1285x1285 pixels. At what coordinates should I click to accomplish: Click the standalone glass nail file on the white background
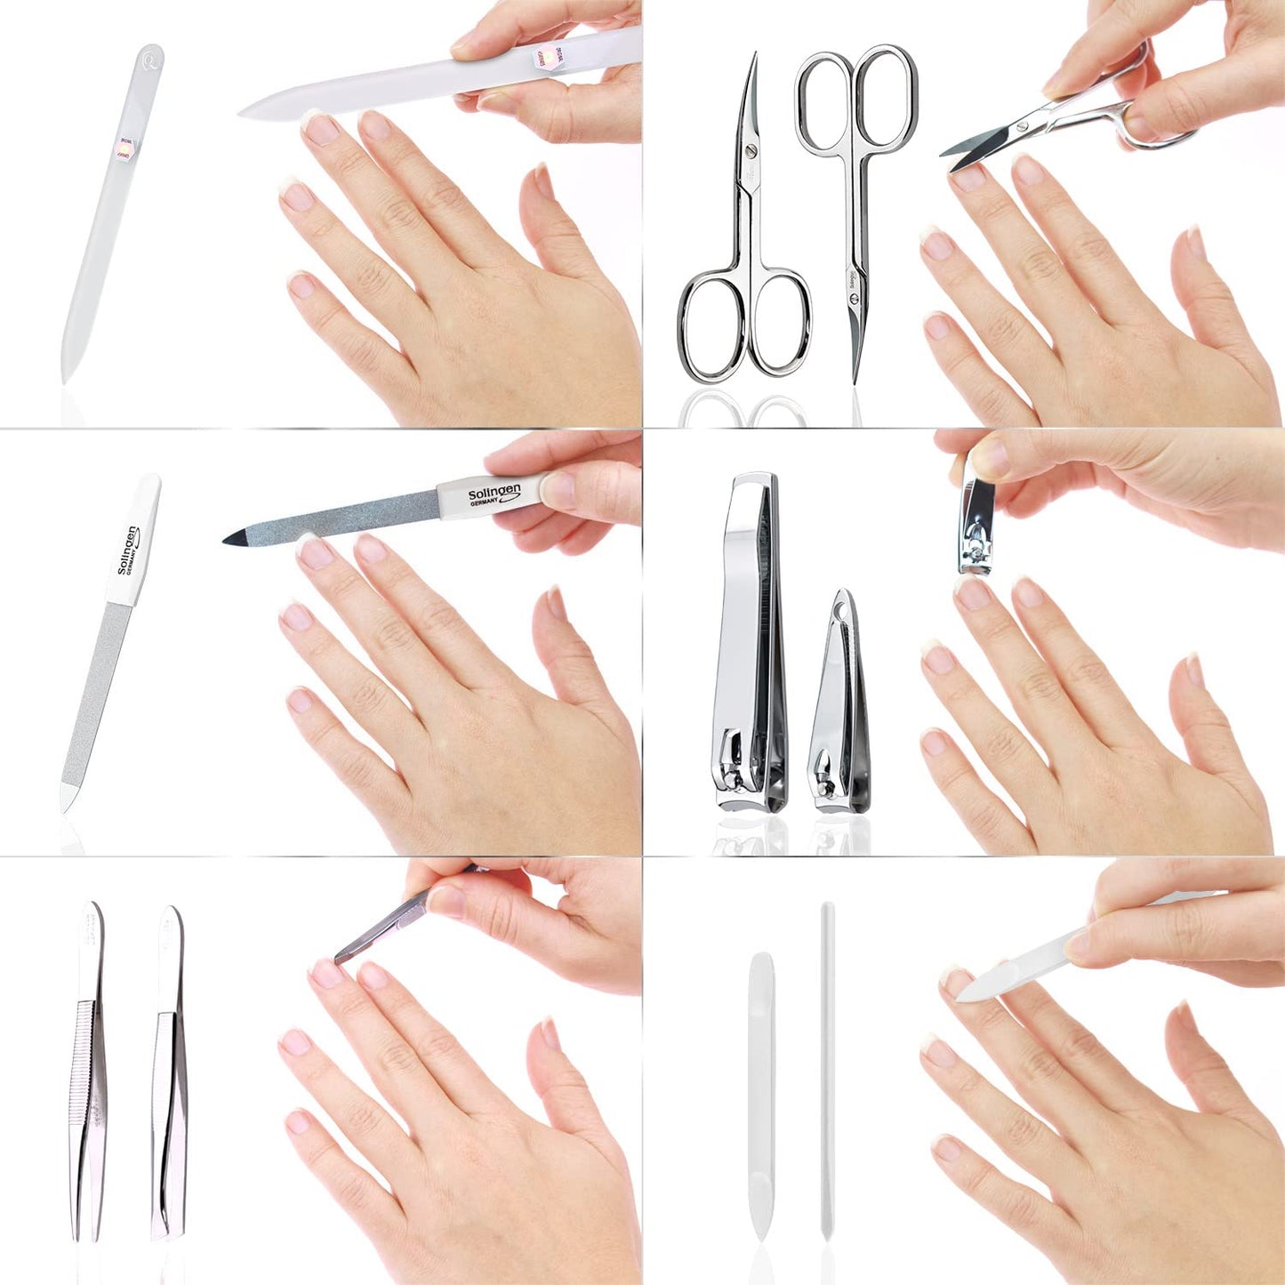(x=111, y=213)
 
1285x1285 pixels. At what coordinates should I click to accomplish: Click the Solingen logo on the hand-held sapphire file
(x=494, y=494)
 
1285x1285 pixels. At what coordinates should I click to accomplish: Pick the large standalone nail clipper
(x=749, y=640)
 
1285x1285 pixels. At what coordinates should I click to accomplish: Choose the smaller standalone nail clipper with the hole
(x=839, y=711)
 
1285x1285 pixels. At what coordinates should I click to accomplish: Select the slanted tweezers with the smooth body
(x=169, y=1076)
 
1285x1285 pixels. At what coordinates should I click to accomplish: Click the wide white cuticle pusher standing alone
(x=761, y=1094)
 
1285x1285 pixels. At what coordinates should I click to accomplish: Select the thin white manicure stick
(x=827, y=1067)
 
